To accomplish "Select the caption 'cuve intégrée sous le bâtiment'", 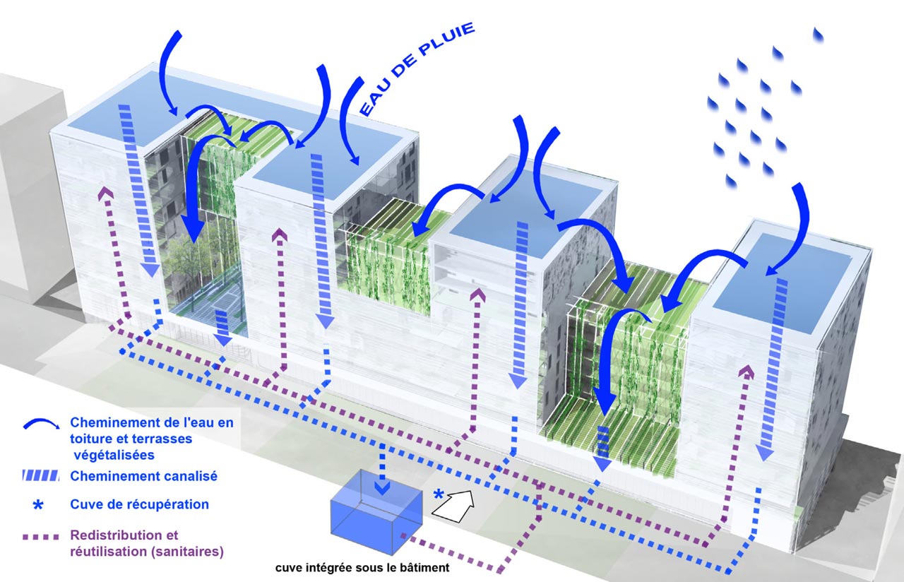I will (x=362, y=567).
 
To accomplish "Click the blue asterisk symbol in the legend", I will (x=40, y=504).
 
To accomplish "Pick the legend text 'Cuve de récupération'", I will (x=139, y=504).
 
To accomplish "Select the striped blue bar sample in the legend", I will (x=41, y=477).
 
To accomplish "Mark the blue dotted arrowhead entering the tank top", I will (x=381, y=487).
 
